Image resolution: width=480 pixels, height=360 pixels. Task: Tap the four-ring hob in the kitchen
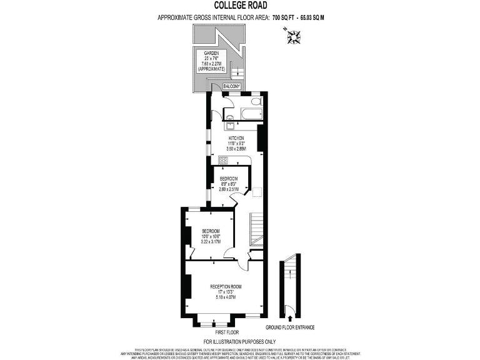(223, 160)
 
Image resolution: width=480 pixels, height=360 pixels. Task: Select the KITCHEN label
(236, 137)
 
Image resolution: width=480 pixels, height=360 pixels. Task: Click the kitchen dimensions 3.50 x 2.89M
(237, 149)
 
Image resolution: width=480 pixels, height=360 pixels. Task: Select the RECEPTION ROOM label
(225, 286)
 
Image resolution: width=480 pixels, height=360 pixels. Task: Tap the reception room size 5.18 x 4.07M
(225, 297)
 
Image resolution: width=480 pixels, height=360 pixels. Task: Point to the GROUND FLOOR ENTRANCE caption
(289, 327)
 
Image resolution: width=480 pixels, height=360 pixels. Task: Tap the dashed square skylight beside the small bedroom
(256, 192)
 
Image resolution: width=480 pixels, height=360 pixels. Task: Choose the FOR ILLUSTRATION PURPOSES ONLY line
(239, 341)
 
